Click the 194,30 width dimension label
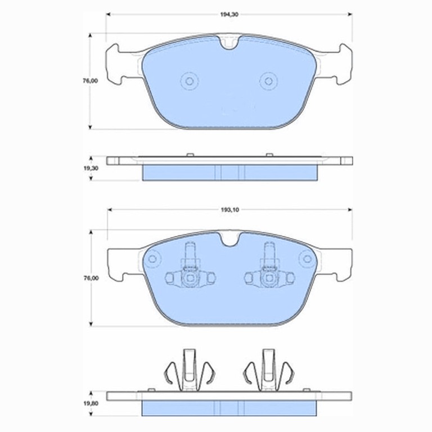pos(229,15)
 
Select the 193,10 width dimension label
pos(229,210)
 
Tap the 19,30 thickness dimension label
pos(91,168)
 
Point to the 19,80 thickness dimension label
pos(91,403)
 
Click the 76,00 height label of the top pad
pos(91,81)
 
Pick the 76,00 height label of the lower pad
pos(91,278)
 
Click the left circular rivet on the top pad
pos(190,81)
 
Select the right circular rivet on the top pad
pos(269,81)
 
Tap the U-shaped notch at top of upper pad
pos(229,43)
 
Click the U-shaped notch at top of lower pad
pos(229,240)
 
